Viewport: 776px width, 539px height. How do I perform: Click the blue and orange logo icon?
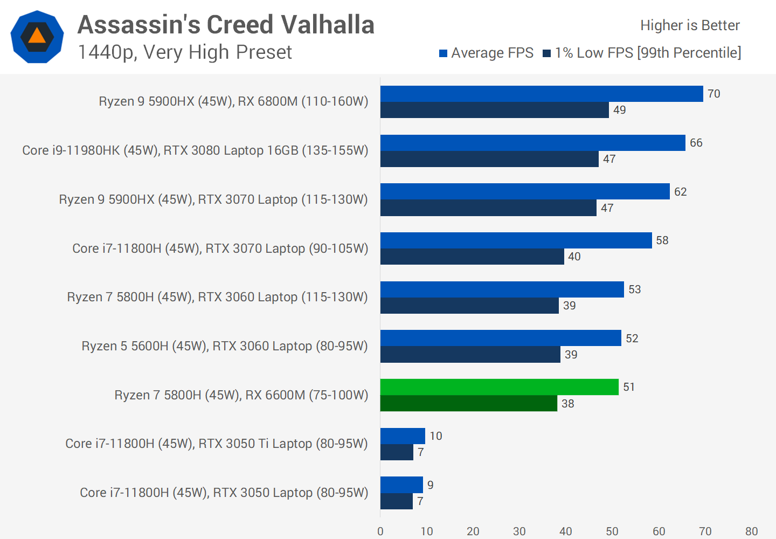coord(37,37)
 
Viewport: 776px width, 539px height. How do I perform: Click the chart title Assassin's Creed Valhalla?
coord(226,25)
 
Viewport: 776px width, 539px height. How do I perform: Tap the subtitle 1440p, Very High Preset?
coord(184,52)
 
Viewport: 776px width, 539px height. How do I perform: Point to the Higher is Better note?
coord(689,25)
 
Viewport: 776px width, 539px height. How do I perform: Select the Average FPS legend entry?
coord(486,53)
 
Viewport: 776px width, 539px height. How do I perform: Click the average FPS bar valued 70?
coord(542,94)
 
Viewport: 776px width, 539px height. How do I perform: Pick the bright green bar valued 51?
coord(499,387)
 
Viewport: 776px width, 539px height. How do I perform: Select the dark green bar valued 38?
coord(468,403)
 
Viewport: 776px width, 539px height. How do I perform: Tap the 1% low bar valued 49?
coord(494,110)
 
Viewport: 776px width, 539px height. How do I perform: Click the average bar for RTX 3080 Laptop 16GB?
coord(532,143)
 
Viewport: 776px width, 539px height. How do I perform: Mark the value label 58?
coord(662,240)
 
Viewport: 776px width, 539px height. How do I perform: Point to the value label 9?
coord(431,485)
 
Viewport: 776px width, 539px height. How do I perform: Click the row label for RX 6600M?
coord(241,395)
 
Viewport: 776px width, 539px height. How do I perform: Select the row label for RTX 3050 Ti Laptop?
coord(216,444)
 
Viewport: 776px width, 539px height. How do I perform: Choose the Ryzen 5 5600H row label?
coord(224,346)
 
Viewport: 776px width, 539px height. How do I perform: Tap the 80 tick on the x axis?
coord(751,531)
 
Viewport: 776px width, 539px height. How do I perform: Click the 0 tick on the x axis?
coord(380,531)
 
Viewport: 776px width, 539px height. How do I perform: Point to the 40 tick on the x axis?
coord(566,531)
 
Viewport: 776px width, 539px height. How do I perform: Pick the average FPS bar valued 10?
coord(403,436)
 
